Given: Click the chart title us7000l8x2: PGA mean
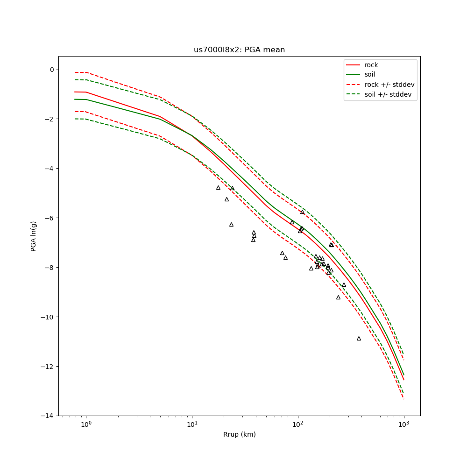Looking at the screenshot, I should pos(239,50).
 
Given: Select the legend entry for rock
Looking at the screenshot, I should pos(371,65).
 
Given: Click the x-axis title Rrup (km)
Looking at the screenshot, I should pos(239,434).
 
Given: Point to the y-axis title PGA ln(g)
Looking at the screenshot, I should pos(34,236).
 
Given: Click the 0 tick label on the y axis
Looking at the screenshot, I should pos(52,70).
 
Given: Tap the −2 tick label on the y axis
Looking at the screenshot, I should pos(50,119).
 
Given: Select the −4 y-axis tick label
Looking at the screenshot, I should pos(50,169).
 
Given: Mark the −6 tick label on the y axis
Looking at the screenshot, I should pos(50,218).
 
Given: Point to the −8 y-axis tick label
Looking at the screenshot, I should pos(50,268).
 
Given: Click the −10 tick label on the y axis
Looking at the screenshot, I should pos(48,317).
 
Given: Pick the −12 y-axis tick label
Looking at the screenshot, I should pos(48,367).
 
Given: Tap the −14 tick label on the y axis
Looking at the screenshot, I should pos(48,416).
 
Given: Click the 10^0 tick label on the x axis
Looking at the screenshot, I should pos(86,424).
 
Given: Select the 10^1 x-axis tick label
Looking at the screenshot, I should pos(192,424).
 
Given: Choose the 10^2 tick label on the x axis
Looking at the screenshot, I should pos(298,424).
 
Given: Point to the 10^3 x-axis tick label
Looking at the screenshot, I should pos(404,424).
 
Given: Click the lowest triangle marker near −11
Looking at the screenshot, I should pos(359,338).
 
